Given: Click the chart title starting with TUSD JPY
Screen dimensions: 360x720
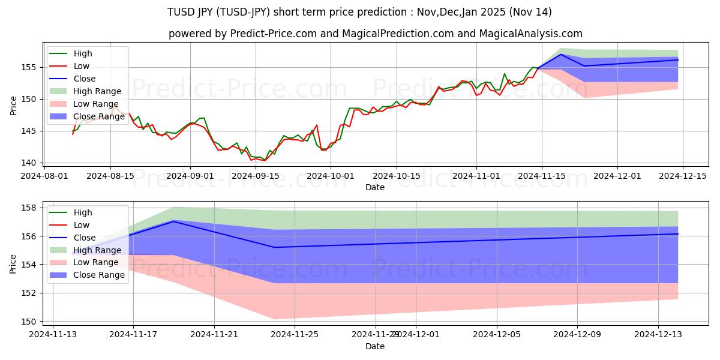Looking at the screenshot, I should pos(360,12).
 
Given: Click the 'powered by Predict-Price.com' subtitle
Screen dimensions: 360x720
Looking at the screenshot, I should pos(375,34).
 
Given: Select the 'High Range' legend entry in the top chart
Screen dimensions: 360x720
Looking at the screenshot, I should pos(97,91).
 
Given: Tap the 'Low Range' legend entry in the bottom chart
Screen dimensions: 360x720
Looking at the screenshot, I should pos(96,263).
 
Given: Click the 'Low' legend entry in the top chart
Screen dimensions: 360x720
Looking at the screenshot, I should pos(82,66).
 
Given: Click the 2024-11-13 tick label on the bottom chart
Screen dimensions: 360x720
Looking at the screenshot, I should pos(53,334).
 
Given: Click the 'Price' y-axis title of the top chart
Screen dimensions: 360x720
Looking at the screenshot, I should pos(14,105).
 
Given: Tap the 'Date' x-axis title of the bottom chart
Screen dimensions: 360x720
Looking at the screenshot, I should pos(375,346).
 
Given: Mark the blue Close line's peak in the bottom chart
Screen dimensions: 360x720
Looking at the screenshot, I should pos(173,221).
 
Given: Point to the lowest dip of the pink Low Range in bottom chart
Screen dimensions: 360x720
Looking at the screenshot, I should pos(274,319).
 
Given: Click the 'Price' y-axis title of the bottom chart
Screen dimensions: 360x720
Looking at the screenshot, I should pos(14,264).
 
